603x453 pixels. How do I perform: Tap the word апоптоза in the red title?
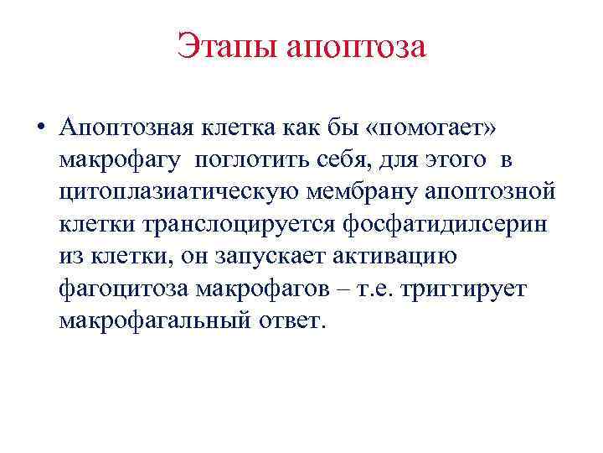pos(357,47)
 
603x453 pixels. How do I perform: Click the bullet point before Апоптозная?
pos(39,127)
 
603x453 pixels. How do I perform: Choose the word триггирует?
pos(465,288)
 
